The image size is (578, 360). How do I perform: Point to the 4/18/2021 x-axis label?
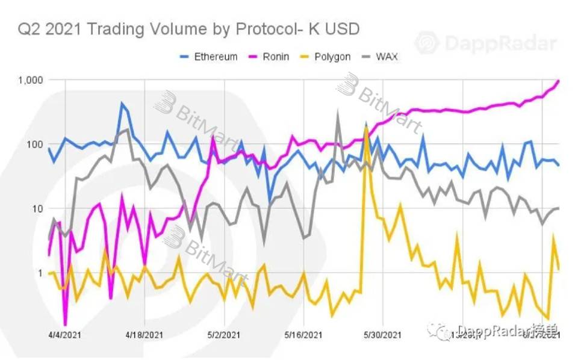tap(144, 333)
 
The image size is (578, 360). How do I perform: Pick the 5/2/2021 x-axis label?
tap(223, 333)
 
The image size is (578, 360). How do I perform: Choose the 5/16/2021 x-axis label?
tap(303, 333)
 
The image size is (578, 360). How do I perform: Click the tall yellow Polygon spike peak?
tap(367, 128)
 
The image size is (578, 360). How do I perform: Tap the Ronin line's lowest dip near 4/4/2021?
tap(65, 324)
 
